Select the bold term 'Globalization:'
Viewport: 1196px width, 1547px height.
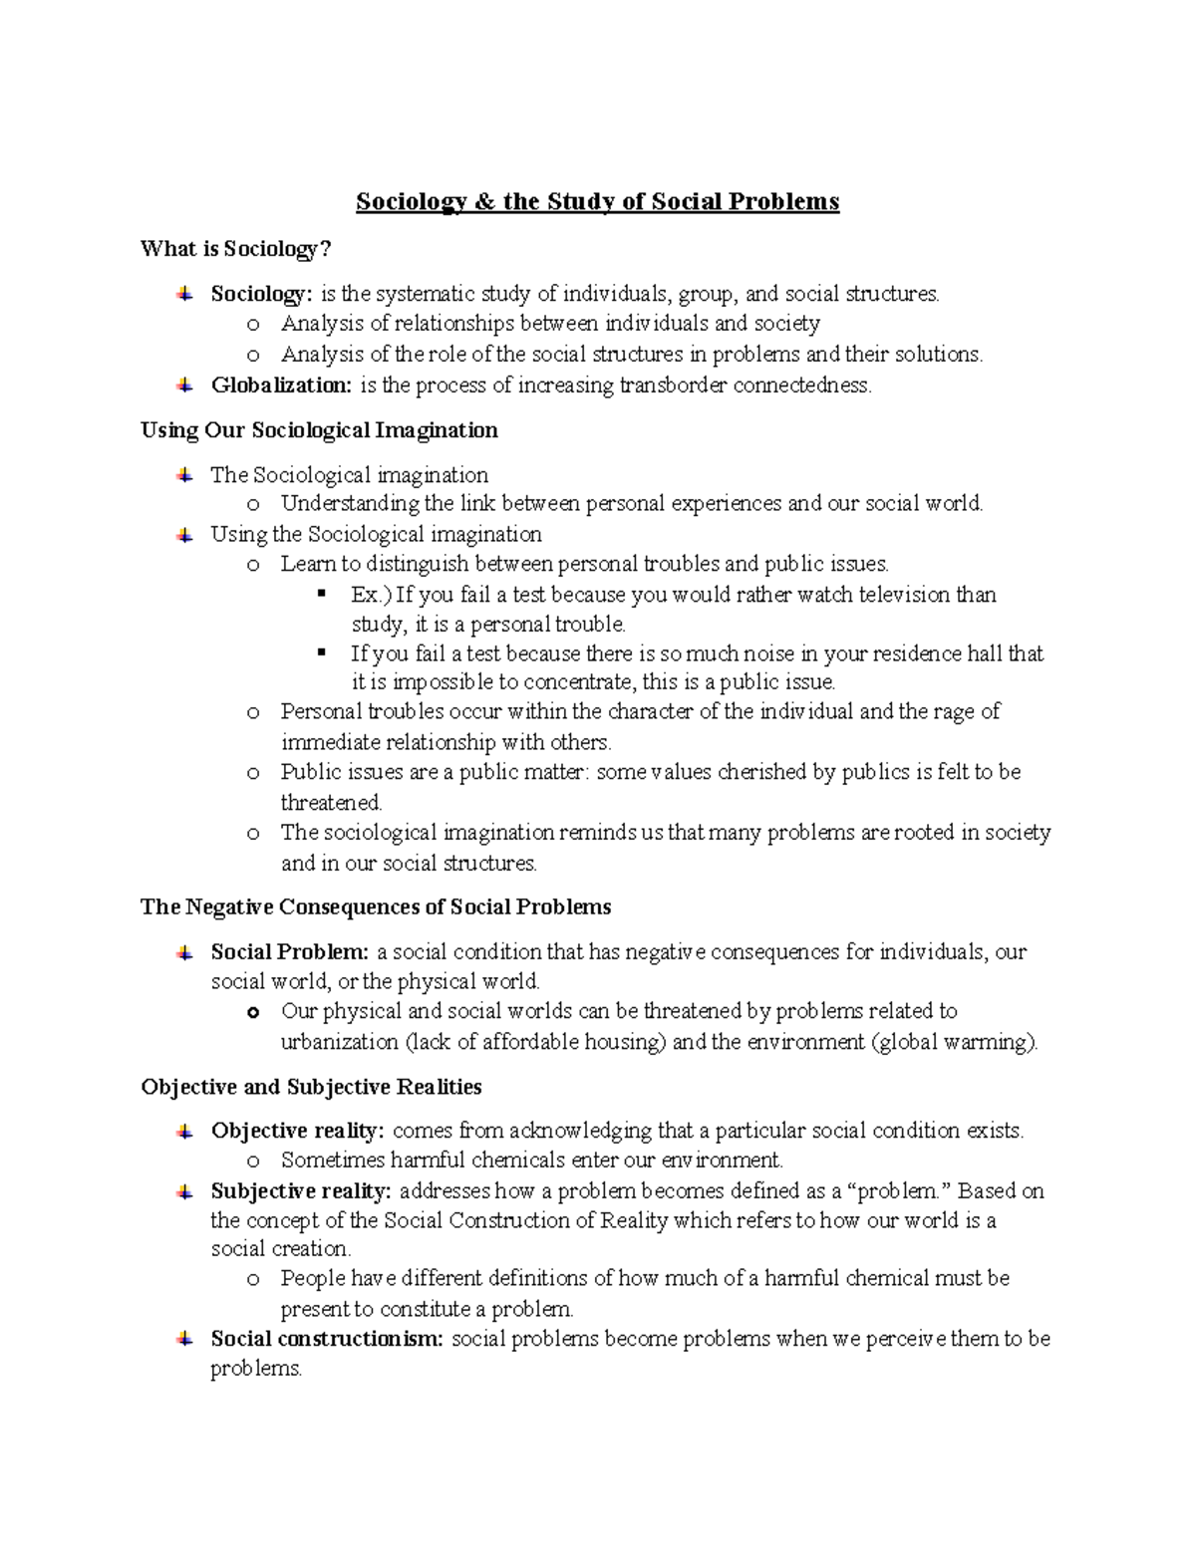point(281,386)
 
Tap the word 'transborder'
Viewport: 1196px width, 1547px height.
point(674,386)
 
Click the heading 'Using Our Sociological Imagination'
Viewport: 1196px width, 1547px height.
point(319,430)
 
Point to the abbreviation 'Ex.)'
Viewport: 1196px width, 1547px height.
point(371,595)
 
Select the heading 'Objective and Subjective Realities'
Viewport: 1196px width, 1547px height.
point(311,1087)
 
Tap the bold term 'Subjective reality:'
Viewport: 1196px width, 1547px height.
point(301,1190)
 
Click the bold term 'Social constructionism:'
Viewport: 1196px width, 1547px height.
point(327,1339)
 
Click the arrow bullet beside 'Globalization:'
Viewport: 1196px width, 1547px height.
point(184,385)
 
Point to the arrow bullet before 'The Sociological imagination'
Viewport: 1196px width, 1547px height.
point(184,475)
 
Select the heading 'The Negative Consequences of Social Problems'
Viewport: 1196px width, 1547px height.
point(376,907)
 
